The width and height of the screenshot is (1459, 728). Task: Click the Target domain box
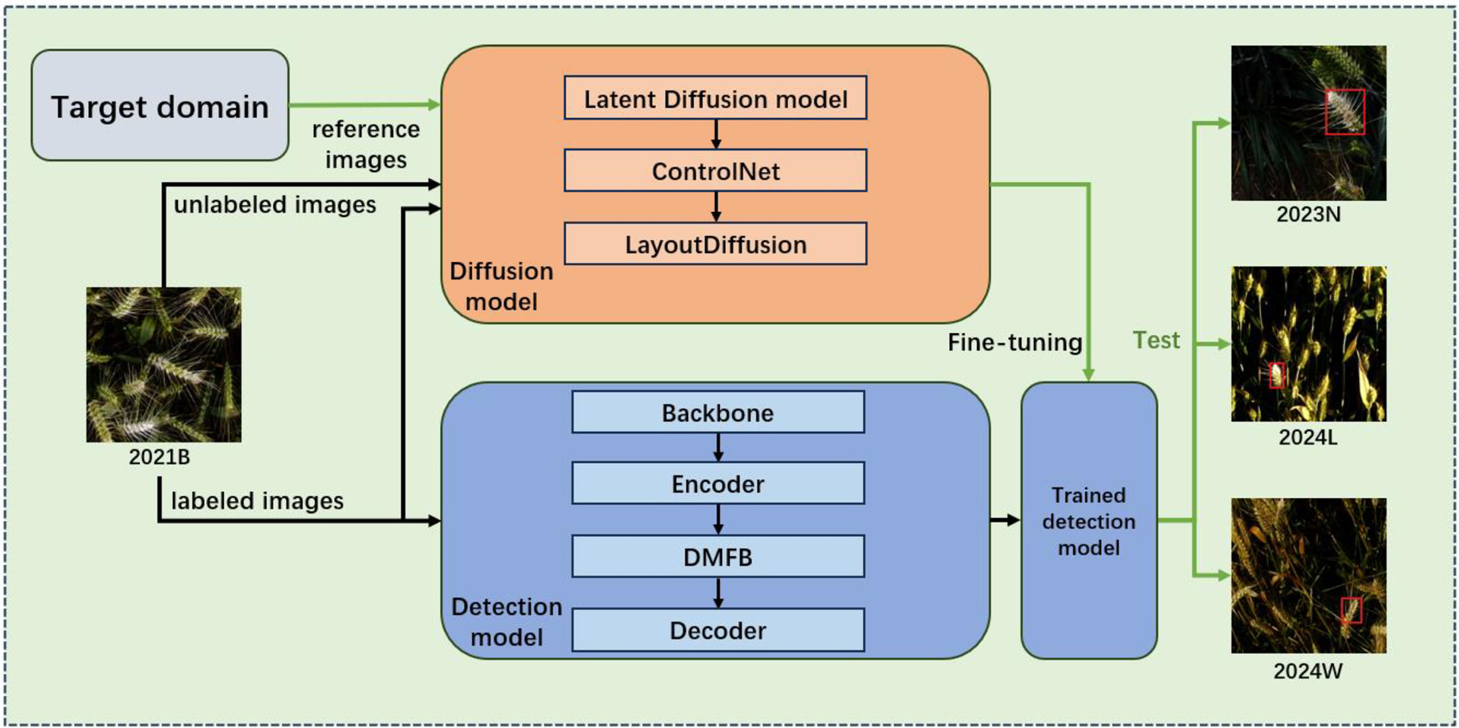(x=160, y=106)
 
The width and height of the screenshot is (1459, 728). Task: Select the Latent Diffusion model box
(x=715, y=98)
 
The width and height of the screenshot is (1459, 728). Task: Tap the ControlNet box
(x=715, y=171)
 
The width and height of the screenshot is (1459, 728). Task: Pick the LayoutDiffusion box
(x=715, y=244)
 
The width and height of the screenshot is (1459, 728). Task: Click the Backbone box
(x=718, y=413)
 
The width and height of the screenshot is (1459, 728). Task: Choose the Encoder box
(x=718, y=484)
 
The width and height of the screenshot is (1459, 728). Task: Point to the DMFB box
(x=718, y=557)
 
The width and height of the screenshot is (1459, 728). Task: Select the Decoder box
(x=718, y=630)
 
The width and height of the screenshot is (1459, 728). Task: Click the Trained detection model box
(x=1089, y=521)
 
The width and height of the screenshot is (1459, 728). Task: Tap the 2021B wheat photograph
(x=163, y=364)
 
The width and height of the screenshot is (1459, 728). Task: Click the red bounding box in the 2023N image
(x=1344, y=112)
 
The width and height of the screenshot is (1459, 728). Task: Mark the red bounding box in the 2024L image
(x=1277, y=375)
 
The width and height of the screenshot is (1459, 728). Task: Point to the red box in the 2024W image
(x=1351, y=610)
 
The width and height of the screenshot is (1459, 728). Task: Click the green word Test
(x=1156, y=340)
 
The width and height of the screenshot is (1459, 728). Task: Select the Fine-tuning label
(x=1015, y=342)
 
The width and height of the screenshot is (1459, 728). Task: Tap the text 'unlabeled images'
(x=275, y=205)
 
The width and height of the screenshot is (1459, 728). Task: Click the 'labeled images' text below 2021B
(x=257, y=501)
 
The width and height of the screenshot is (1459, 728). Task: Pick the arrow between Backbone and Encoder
(x=718, y=447)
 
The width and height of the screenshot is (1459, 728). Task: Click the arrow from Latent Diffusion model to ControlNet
(x=716, y=134)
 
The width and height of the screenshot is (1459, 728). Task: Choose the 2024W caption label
(x=1308, y=671)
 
